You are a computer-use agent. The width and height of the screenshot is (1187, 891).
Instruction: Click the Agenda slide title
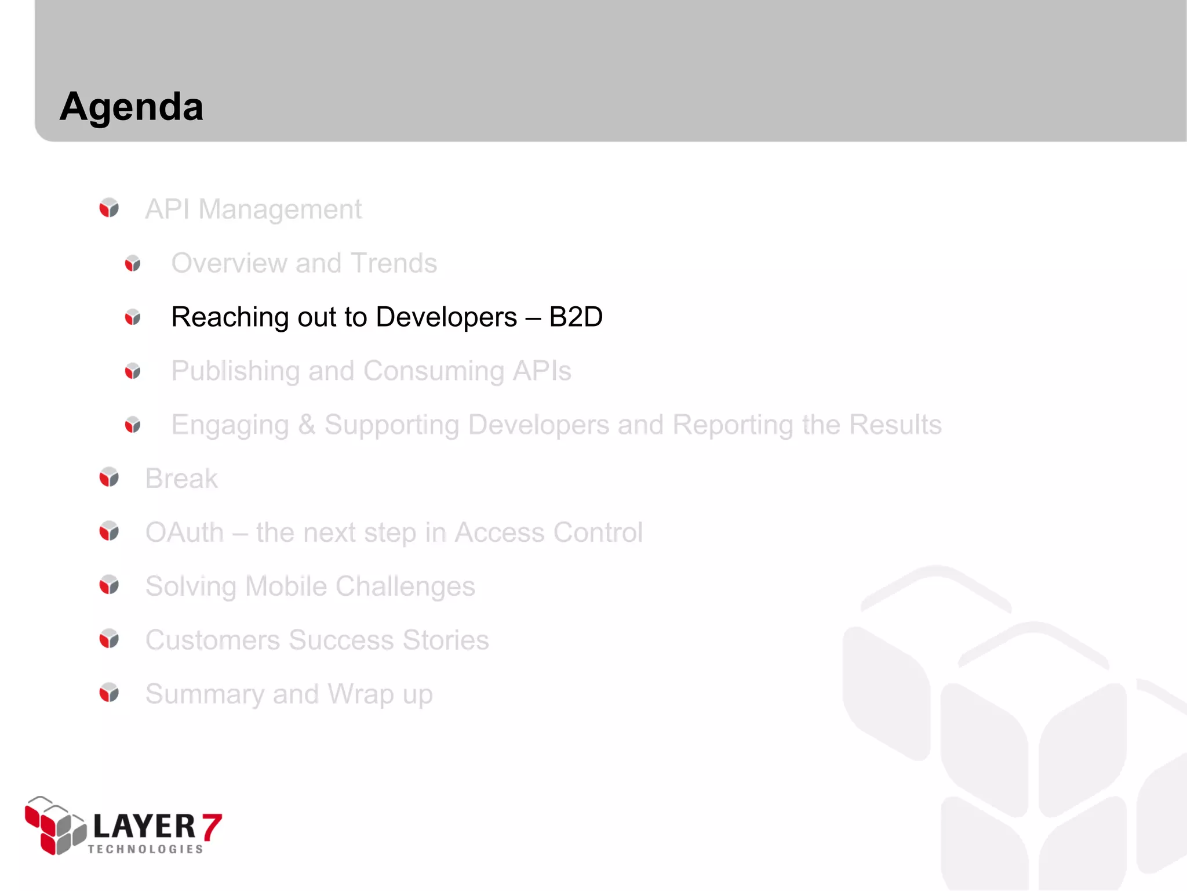132,107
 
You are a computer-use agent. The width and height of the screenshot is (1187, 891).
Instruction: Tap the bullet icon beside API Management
109,208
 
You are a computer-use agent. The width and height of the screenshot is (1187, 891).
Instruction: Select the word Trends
394,263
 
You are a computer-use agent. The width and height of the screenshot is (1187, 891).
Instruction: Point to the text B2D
576,317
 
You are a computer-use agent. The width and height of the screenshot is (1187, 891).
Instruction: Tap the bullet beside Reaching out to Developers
133,317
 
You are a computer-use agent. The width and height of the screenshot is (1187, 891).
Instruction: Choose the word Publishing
234,372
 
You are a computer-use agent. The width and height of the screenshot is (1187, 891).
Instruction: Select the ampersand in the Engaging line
307,425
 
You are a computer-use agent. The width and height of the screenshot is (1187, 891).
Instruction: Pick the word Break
181,479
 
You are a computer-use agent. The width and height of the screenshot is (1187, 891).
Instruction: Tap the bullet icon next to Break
109,477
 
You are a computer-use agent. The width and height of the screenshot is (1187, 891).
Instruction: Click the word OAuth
184,533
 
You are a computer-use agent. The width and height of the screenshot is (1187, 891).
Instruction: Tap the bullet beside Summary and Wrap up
109,693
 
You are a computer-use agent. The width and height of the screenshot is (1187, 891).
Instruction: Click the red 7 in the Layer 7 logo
212,827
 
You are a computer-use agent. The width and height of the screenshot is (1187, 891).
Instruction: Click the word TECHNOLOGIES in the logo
145,849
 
